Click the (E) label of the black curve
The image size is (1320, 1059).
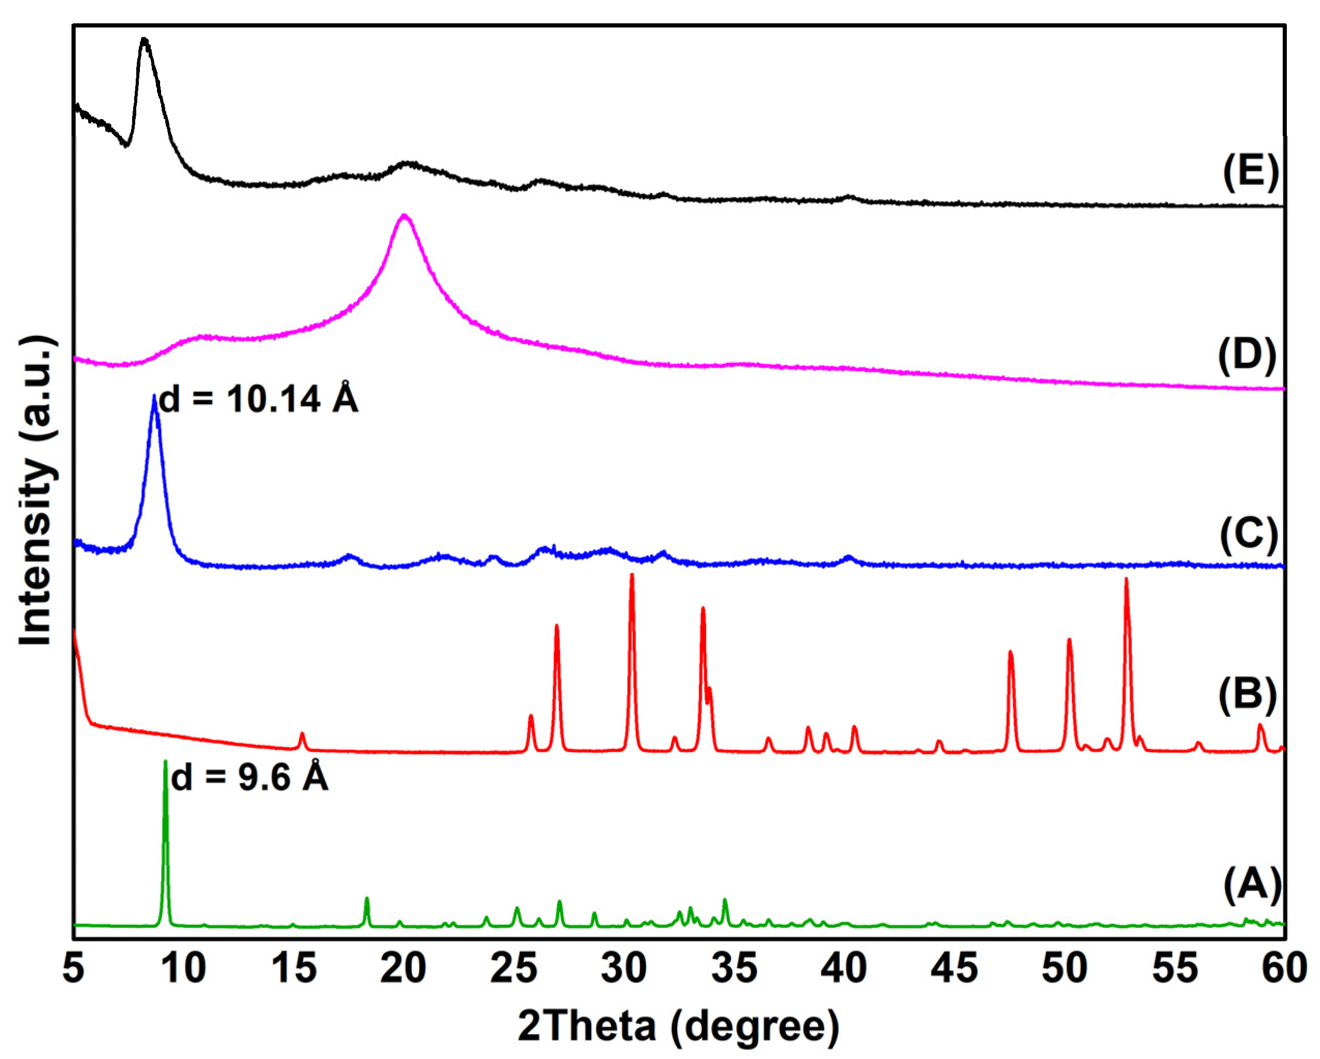coord(1250,172)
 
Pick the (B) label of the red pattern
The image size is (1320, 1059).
coord(1247,695)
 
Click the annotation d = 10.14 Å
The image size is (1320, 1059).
coord(259,399)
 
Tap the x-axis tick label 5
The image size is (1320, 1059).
coord(74,969)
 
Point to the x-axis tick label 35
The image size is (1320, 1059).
coord(734,969)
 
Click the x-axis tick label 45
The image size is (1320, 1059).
coord(954,969)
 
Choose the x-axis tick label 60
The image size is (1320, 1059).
coord(1284,969)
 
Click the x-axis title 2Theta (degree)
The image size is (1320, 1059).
coord(678,1026)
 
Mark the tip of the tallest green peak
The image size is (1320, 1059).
coord(165,761)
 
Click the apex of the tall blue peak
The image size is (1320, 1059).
coord(154,397)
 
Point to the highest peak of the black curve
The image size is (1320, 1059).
coord(145,39)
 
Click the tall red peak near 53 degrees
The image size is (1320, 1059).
coord(1126,579)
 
